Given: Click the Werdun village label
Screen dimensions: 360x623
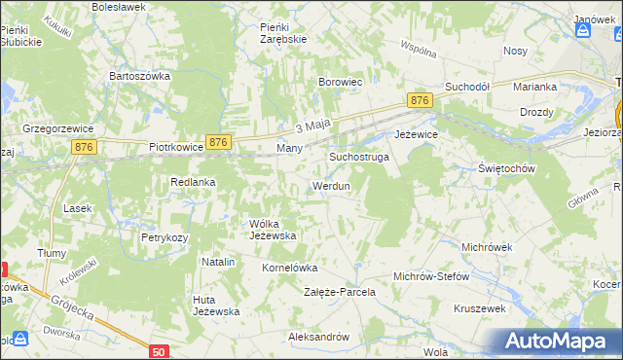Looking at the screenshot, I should pyautogui.click(x=330, y=186).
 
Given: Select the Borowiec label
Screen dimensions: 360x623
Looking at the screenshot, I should pyautogui.click(x=341, y=83).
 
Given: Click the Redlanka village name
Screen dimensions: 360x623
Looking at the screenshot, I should pyautogui.click(x=193, y=182).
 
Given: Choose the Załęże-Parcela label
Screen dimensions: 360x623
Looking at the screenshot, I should pyautogui.click(x=340, y=292).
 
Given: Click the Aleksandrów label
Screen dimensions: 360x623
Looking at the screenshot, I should pyautogui.click(x=318, y=337).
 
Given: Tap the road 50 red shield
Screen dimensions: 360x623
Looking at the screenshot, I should pyautogui.click(x=161, y=351).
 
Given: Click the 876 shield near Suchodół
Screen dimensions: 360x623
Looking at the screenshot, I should pyautogui.click(x=420, y=100).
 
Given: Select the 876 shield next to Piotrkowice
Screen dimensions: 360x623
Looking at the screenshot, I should pyautogui.click(x=218, y=142).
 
